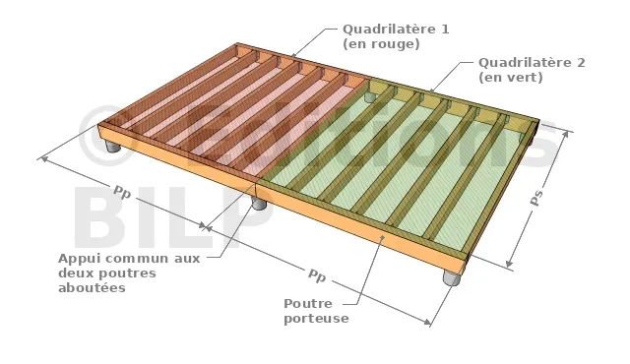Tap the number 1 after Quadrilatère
444,29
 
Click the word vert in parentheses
522,77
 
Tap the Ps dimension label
536,198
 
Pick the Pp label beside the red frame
122,192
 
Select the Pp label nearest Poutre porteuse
317,276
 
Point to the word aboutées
92,287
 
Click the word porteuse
316,319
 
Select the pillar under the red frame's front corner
113,146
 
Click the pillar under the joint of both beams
259,203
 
